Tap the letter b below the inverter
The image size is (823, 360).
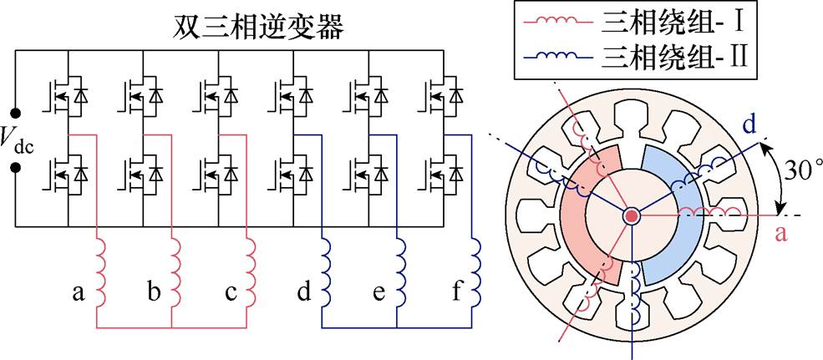tap(154, 292)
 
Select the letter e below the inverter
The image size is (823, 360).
tap(378, 294)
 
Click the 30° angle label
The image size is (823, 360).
tap(801, 172)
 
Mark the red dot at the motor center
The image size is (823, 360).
tap(632, 215)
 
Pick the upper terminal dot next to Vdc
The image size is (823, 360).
tap(16, 113)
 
